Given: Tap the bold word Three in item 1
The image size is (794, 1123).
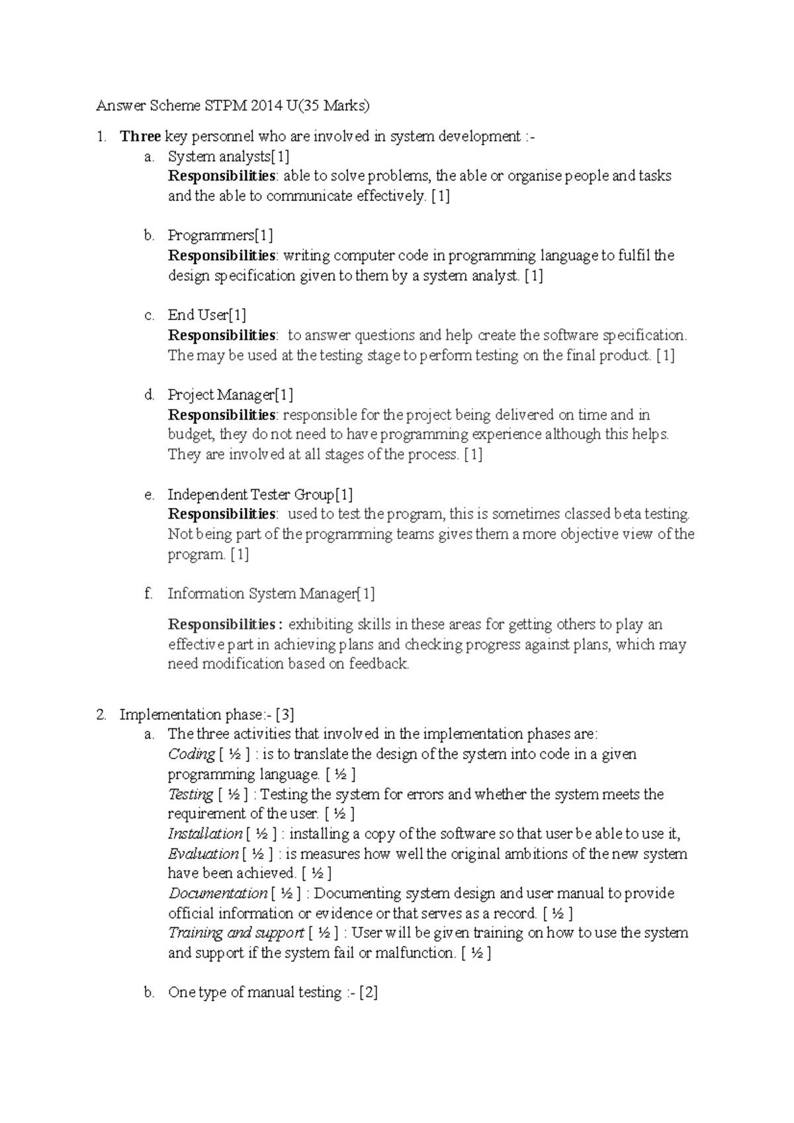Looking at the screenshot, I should click(140, 136).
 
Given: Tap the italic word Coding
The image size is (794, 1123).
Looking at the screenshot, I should click(191, 755).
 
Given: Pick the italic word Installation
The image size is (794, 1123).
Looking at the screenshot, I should click(205, 834).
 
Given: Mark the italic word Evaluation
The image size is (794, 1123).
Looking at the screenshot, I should click(203, 854).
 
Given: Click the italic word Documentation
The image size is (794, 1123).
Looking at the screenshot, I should click(218, 894).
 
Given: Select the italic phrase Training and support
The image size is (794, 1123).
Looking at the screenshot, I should click(236, 933).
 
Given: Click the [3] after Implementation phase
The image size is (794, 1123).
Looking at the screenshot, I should click(285, 715).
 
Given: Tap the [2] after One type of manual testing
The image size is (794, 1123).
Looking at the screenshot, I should click(369, 993).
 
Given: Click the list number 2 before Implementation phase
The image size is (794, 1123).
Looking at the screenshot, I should click(101, 715).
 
